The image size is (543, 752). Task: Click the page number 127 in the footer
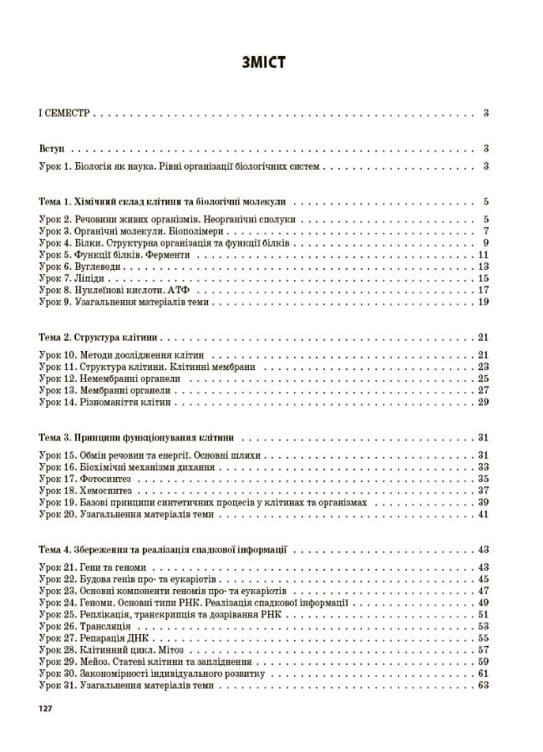[46, 709]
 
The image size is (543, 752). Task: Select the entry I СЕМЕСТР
[66, 113]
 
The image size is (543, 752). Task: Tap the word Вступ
[53, 148]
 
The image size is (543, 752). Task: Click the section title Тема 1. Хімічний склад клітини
[163, 201]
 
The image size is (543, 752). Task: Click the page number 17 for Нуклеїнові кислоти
[483, 290]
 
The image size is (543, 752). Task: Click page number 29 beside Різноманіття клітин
[483, 402]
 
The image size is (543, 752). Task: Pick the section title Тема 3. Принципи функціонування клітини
[136, 437]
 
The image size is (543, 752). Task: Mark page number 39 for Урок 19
[483, 502]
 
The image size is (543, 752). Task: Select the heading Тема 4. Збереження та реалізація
[163, 550]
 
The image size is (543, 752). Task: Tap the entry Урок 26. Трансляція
[85, 626]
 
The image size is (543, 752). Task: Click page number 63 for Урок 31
[483, 685]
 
